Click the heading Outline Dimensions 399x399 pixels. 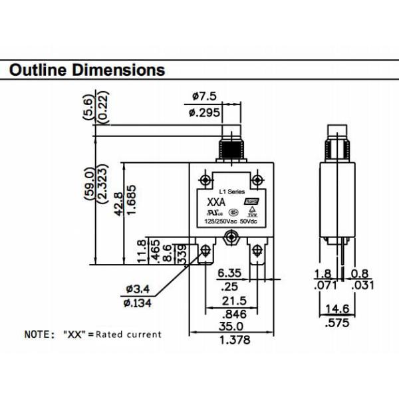[87, 70]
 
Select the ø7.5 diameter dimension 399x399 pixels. [200, 96]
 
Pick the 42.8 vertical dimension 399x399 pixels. [118, 204]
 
